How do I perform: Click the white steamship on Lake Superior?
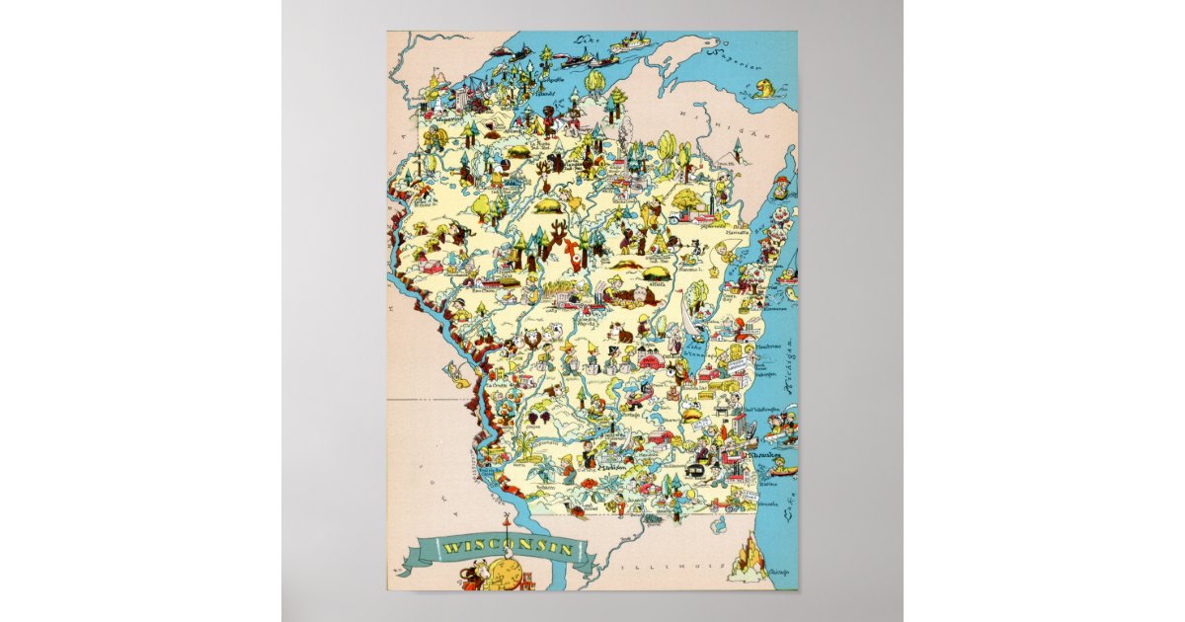(x=629, y=44)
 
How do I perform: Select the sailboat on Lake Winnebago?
(x=688, y=326)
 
